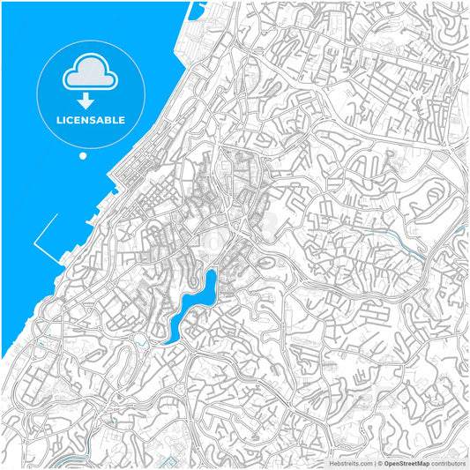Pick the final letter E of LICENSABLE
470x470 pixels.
pyautogui.click(x=122, y=120)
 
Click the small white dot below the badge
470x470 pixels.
pyautogui.click(x=83, y=156)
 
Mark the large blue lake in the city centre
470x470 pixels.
pyautogui.click(x=197, y=304)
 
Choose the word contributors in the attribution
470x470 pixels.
pyautogui.click(x=448, y=462)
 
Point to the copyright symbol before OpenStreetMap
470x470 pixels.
pyautogui.click(x=380, y=462)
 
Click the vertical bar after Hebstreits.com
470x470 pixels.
pyautogui.click(x=375, y=462)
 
